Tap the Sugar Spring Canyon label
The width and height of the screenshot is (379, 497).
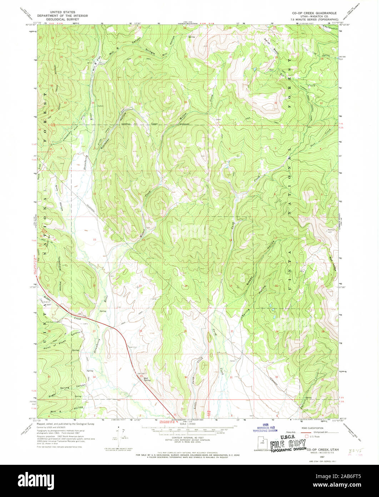[73, 387]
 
